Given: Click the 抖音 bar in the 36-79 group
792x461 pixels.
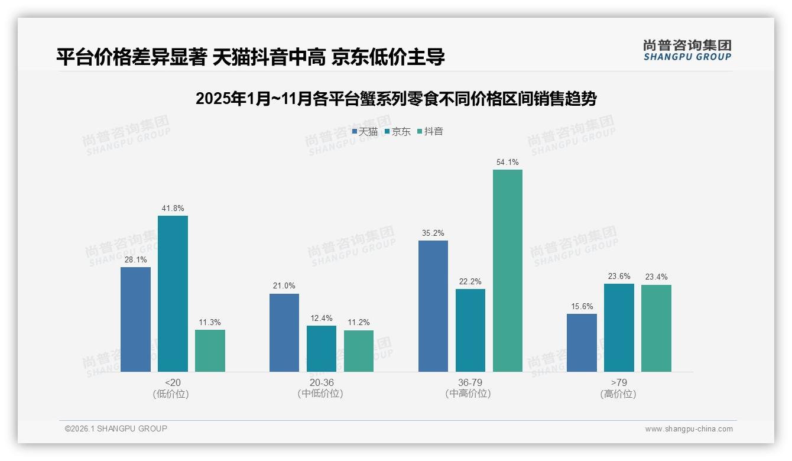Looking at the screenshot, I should [508, 271].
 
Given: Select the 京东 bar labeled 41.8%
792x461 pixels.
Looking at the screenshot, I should [173, 294].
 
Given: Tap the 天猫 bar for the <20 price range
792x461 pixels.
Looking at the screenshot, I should [135, 319].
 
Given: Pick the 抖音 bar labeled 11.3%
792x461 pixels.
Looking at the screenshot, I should [210, 350].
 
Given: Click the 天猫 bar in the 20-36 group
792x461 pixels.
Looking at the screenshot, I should [284, 333].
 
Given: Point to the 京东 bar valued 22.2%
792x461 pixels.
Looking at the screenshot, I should [470, 330].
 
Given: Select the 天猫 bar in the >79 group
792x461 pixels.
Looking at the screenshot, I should [582, 343].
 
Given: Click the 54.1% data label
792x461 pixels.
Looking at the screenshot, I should [508, 162].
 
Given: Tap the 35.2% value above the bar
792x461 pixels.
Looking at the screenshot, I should [433, 233].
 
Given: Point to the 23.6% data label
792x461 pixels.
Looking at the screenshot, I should [619, 276].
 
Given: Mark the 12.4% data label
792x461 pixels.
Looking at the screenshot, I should [322, 319].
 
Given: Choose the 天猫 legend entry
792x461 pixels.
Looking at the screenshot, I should [365, 131].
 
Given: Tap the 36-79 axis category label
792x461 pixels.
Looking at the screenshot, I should [470, 382].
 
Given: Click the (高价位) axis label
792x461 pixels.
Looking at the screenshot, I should [618, 394].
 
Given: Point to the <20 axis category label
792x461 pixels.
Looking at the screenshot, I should [173, 382].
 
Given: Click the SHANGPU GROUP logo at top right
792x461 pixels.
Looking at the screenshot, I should [687, 50].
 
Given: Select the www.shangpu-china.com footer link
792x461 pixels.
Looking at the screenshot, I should [689, 429].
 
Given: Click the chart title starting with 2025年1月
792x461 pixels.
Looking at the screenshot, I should [395, 99].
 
